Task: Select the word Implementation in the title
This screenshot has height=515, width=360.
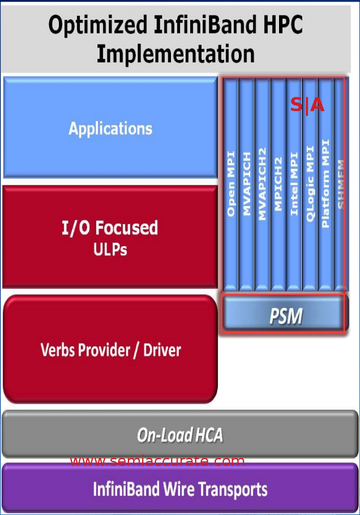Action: tap(175, 53)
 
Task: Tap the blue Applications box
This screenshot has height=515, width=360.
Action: tap(110, 128)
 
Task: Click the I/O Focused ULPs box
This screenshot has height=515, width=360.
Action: tap(110, 236)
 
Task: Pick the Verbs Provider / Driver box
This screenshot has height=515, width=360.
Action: tap(110, 349)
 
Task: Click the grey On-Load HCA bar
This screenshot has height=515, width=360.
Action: tap(179, 435)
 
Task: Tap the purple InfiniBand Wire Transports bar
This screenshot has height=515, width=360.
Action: tap(179, 489)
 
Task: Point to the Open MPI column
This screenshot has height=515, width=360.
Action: tap(231, 191)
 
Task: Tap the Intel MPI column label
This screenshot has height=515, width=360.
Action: tap(294, 183)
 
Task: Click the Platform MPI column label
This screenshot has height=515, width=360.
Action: tap(325, 183)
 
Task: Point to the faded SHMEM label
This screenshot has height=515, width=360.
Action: tap(341, 183)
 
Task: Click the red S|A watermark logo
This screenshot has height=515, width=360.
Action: tap(307, 106)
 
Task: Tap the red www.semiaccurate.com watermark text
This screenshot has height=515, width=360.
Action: tap(157, 461)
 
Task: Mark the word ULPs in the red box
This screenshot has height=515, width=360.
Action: tap(110, 248)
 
